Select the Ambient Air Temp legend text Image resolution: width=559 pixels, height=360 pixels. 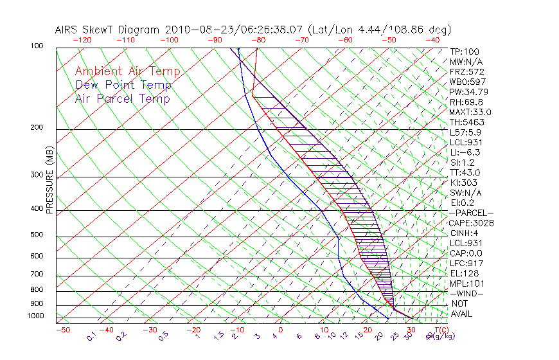[x=127, y=71]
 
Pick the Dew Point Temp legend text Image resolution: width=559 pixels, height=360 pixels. [x=123, y=85]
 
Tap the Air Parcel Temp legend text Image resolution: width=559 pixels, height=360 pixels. [x=122, y=98]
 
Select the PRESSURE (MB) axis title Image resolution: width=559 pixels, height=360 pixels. [x=49, y=180]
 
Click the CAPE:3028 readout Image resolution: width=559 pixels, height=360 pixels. [x=472, y=223]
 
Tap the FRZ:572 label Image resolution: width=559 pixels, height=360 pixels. [x=466, y=71]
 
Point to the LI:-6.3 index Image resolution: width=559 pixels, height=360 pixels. [x=465, y=152]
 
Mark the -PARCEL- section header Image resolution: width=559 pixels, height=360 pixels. [x=472, y=213]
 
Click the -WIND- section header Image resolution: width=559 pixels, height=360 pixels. [x=466, y=293]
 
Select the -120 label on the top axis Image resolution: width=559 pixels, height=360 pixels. [x=82, y=40]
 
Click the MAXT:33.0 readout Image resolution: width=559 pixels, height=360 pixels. [x=469, y=112]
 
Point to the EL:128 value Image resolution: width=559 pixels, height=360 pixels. [x=464, y=273]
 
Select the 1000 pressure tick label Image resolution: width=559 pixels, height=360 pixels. [x=37, y=316]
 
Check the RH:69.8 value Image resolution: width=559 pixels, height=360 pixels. [x=466, y=102]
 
